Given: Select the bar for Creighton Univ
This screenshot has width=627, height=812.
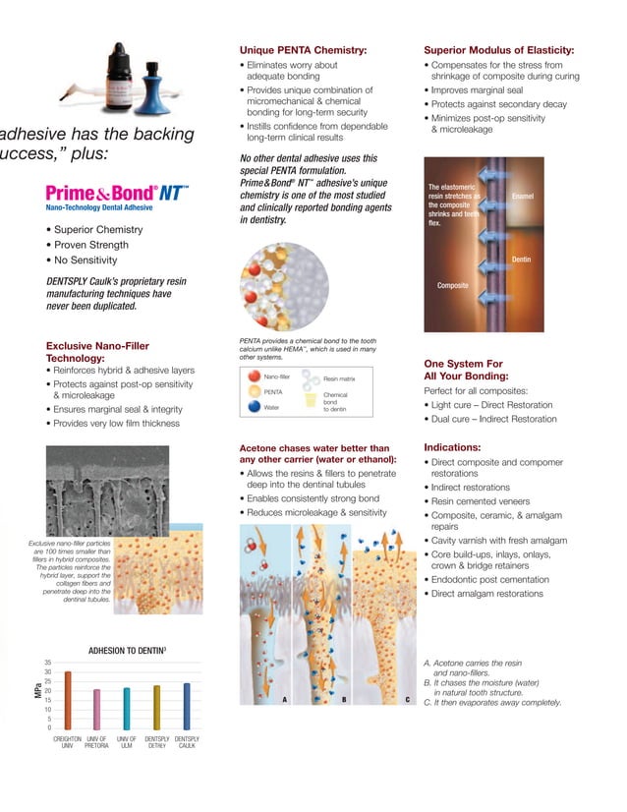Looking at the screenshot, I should point(68,699).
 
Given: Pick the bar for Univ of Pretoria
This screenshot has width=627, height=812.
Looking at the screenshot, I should point(96,708).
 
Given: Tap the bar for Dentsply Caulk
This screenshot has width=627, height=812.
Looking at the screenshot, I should point(186,705).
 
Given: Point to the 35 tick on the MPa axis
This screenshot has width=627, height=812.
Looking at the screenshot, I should point(48,664).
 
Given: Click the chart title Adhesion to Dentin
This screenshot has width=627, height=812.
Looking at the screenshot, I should point(127,650).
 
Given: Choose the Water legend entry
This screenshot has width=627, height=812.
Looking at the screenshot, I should point(272,407).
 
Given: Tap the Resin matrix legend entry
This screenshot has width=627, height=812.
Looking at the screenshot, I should point(339,378).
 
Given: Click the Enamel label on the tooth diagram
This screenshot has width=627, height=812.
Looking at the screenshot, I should point(522,197).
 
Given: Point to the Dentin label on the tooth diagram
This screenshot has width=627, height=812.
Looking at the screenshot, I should point(521,260).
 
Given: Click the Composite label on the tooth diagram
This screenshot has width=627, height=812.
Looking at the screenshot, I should point(452,285).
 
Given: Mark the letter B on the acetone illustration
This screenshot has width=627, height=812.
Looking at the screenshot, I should point(344,699).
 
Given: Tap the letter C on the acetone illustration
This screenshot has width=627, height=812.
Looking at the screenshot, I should point(407,699).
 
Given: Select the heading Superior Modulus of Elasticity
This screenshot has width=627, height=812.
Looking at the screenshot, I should point(498,50).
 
